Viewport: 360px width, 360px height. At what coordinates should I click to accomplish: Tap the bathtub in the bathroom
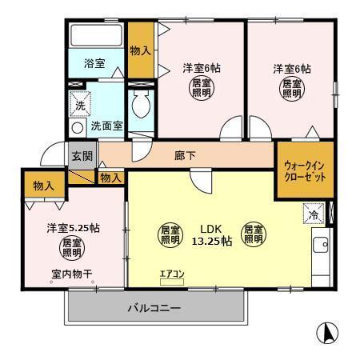click(x=96, y=37)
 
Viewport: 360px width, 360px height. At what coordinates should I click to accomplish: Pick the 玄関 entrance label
click(x=81, y=156)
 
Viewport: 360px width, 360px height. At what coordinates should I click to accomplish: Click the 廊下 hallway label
click(x=186, y=156)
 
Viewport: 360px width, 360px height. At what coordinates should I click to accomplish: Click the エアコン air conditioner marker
click(x=171, y=275)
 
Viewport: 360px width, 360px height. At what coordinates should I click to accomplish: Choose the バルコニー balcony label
click(x=154, y=308)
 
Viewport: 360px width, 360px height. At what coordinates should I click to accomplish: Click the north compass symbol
click(x=326, y=331)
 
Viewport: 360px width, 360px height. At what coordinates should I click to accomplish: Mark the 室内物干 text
click(x=72, y=274)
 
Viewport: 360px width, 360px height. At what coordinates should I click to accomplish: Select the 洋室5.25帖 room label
click(x=73, y=227)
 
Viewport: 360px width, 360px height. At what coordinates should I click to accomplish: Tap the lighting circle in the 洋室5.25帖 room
click(x=72, y=247)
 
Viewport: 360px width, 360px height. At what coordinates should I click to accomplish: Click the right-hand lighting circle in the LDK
click(x=254, y=233)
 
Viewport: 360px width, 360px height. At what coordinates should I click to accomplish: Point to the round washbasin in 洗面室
click(x=78, y=127)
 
